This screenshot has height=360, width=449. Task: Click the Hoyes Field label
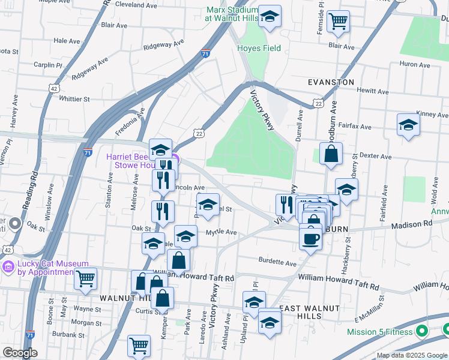coord(259,48)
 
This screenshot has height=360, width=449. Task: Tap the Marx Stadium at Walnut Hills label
coord(231,14)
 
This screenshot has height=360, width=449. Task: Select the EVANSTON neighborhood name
coord(331,82)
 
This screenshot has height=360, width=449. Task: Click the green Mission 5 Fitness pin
coord(422,331)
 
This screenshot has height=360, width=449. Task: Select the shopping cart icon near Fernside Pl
coord(339,21)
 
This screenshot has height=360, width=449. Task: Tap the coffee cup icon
coord(310,239)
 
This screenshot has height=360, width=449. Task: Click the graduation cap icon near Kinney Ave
coord(408,125)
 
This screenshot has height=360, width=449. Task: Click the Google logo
coord(20,353)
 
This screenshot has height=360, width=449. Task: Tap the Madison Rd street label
coord(412,224)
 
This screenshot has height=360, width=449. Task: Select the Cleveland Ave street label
coord(137,4)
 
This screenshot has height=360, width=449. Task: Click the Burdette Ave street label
coord(278,263)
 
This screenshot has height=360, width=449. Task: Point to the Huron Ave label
coord(415,65)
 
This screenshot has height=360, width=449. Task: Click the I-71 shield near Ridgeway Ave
coord(206,53)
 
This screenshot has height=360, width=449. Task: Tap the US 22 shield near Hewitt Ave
coord(318,104)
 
